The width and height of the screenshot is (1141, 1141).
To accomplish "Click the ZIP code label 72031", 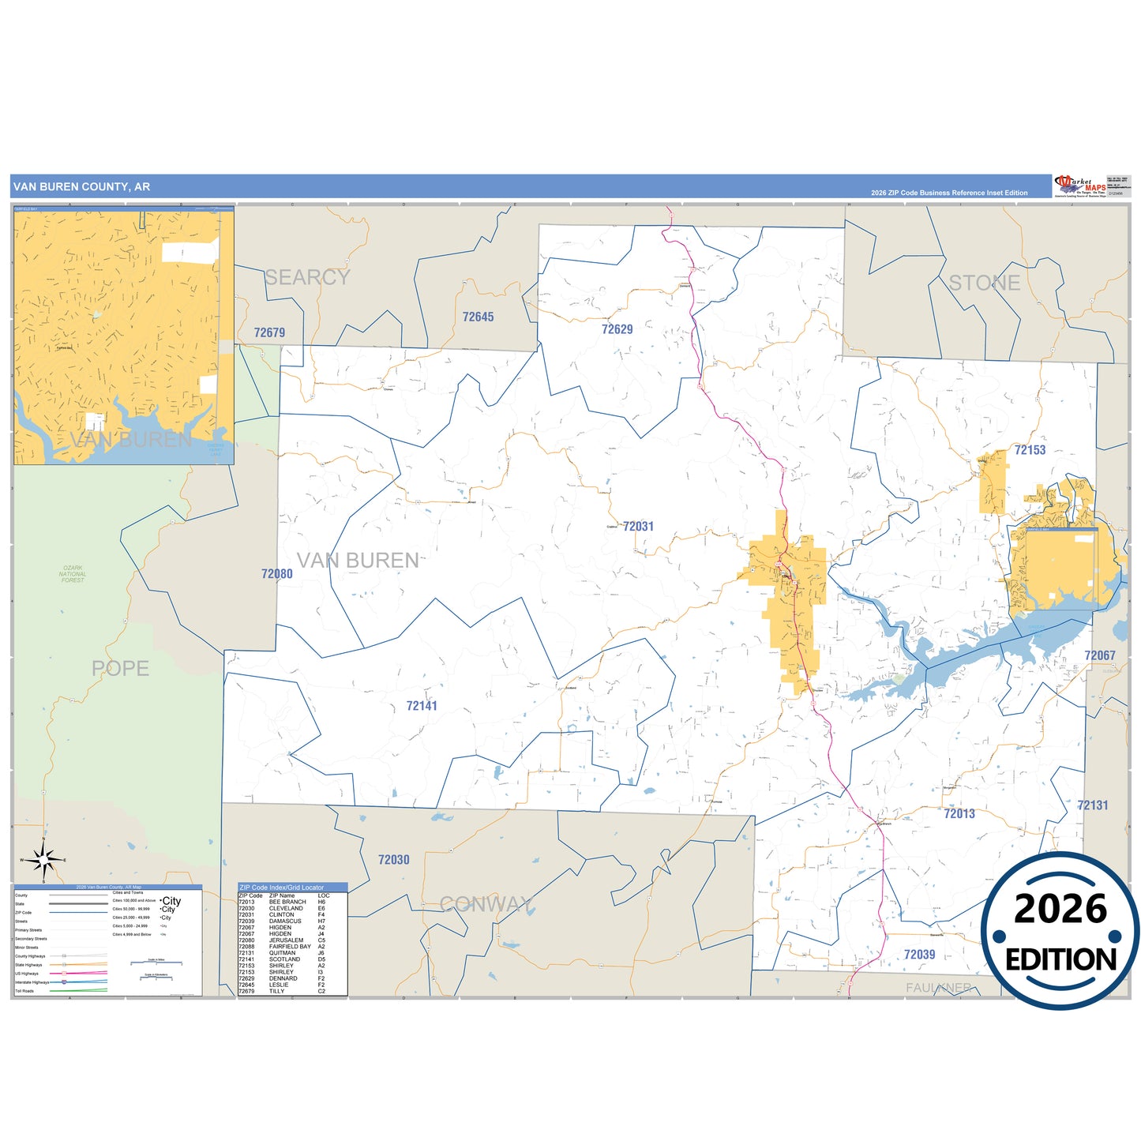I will pos(638,527).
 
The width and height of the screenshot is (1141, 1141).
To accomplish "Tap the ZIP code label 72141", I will pos(422,706).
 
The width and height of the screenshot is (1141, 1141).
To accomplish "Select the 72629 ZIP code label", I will pos(617,329).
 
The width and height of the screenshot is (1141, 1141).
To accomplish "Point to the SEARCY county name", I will pos(307,277).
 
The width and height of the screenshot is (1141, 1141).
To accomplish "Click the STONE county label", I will pos(984,283).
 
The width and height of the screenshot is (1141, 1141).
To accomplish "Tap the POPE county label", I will pos(120,669).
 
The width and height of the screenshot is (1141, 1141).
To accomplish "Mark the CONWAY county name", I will pos(486,904).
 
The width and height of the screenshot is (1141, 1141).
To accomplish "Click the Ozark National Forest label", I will pos(73,574).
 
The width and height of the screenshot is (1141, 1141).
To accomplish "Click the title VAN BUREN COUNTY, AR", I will pos(81,187).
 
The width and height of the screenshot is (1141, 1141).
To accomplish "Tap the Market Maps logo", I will pos(1080,186).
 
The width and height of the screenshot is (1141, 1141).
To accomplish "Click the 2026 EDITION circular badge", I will pos(1060,932).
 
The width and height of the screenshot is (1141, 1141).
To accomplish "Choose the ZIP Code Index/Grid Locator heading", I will pos(281,888).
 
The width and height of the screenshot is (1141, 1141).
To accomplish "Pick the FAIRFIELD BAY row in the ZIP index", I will pos(289,947).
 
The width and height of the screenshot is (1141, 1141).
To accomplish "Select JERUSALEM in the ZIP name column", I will pos(286,940).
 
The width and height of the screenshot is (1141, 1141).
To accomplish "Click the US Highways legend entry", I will pos(27,974).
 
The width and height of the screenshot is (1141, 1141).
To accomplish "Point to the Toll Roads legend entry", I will pos(24,991).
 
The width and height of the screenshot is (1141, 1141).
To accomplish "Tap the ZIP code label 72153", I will pos(1030,450).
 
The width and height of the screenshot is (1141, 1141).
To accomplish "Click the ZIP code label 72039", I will pos(919,955).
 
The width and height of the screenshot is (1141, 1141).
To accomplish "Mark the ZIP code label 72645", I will pos(478,317).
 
